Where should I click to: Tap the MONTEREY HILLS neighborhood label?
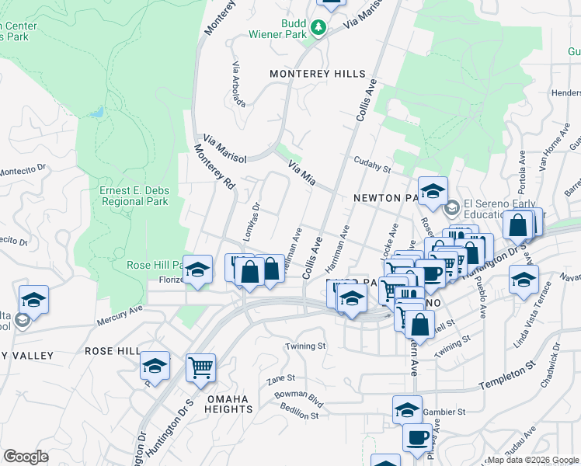(317, 74)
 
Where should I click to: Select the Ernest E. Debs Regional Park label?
(134, 196)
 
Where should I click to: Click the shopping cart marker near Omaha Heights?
(200, 368)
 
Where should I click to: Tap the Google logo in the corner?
(26, 457)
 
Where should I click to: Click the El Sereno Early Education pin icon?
(452, 207)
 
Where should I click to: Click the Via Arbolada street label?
(238, 85)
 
